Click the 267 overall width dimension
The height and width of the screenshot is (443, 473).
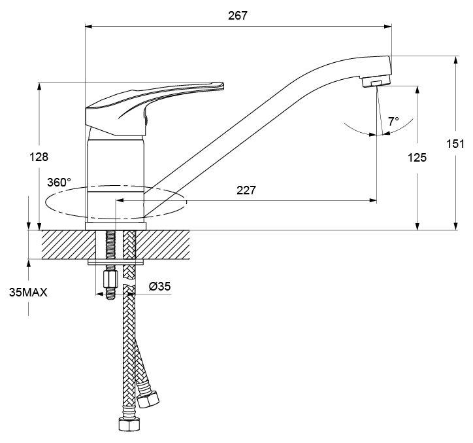238,16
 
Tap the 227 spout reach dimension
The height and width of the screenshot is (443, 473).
246,190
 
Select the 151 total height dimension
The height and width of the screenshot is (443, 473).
455,144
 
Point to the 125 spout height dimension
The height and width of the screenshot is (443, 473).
417,158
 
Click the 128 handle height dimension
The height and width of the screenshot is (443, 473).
39,157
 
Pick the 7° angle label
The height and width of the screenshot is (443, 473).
393,122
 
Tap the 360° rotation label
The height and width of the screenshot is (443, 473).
59,182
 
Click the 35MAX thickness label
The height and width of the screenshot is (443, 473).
28,292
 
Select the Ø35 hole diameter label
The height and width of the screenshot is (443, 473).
160,286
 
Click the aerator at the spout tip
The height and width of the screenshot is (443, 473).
376,81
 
